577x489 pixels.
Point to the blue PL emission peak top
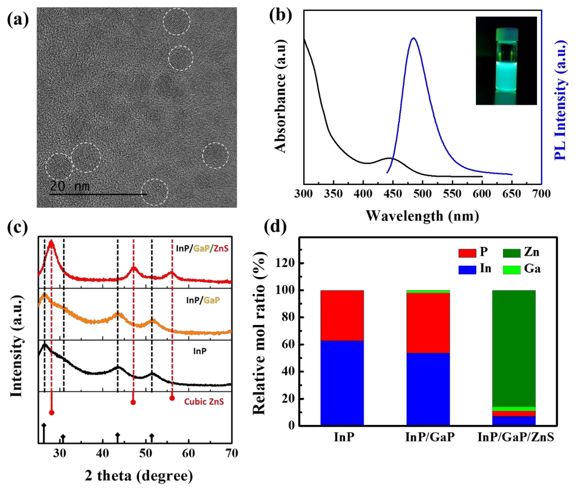coord(414,38)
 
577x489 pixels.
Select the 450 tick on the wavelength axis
coord(393,194)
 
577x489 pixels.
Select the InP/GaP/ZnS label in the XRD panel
coord(202,248)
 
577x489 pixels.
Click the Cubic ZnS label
coord(204,402)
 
